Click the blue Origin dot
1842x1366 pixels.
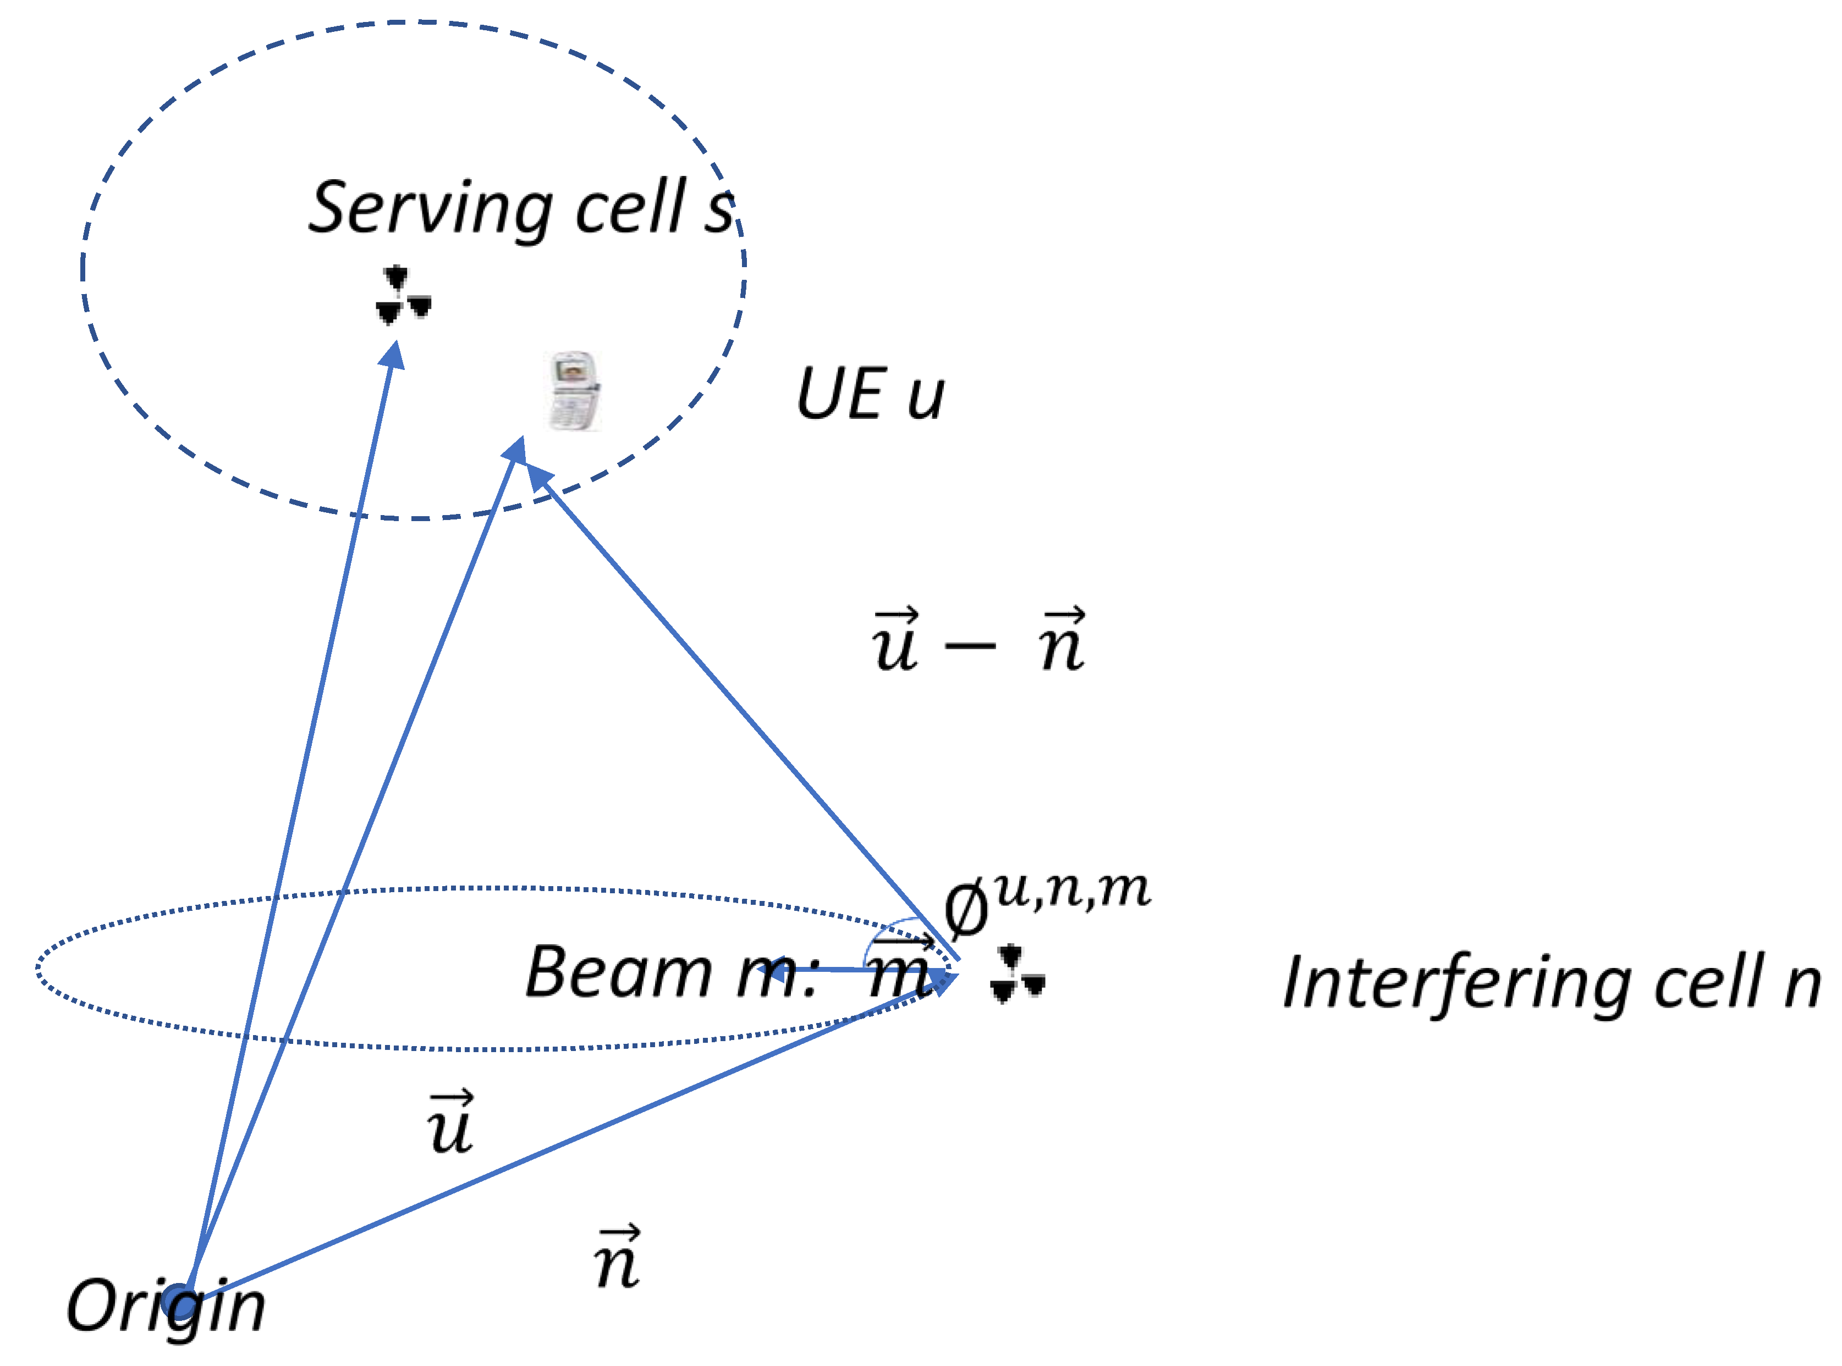point(178,1301)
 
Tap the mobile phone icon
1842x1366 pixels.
point(573,391)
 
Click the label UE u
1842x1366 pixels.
point(870,395)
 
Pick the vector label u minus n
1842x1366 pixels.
point(978,641)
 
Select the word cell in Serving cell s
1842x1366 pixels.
point(631,206)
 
